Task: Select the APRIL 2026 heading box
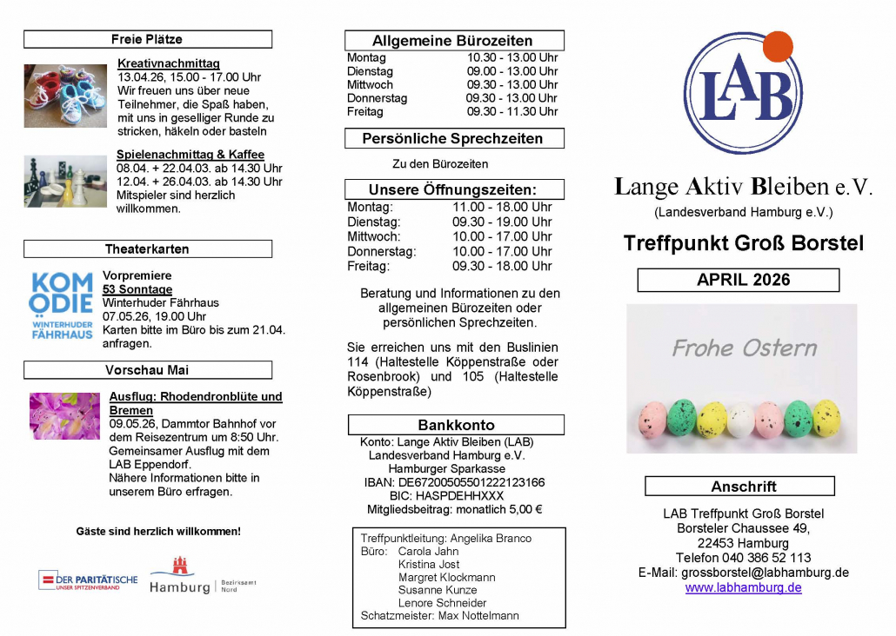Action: click(x=739, y=280)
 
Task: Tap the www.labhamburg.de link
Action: click(x=743, y=587)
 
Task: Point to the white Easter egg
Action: click(x=741, y=420)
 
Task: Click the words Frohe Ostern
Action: click(x=744, y=348)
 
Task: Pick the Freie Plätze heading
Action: click(x=147, y=39)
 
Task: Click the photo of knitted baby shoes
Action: click(x=65, y=96)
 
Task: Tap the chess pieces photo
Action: click(x=65, y=181)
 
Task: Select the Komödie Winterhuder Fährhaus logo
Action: click(x=61, y=305)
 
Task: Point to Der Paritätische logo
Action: click(x=88, y=580)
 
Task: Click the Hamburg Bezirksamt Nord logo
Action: click(x=204, y=576)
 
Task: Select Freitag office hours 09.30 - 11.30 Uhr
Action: click(x=512, y=111)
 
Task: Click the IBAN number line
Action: click(x=455, y=482)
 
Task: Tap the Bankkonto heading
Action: click(x=456, y=425)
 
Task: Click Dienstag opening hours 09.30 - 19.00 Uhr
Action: click(x=502, y=222)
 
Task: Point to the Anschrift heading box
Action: click(x=739, y=487)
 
